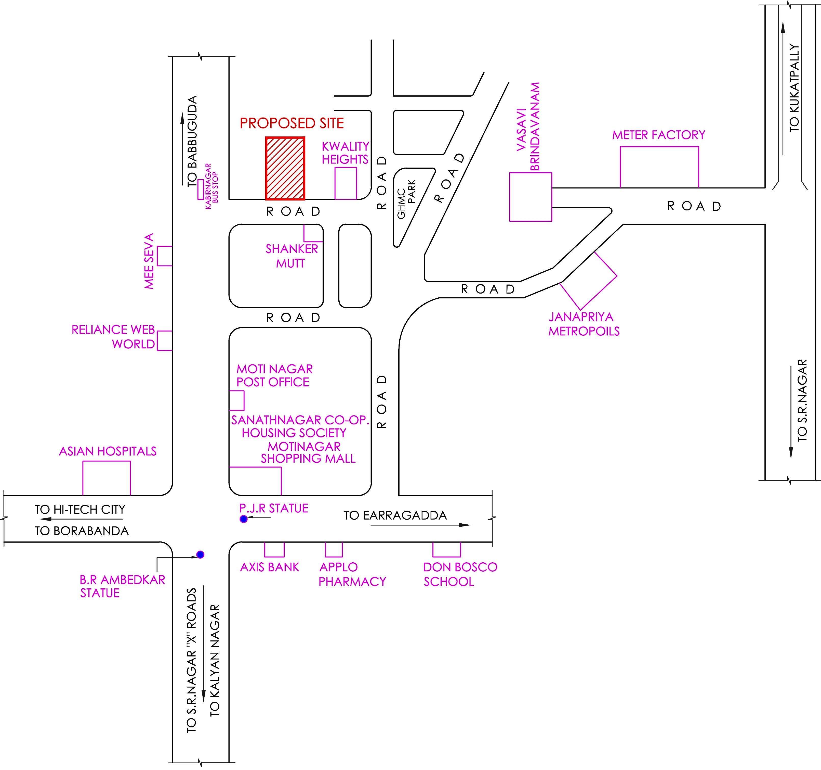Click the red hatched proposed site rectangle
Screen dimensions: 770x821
pyautogui.click(x=285, y=169)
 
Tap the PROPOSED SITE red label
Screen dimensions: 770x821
pyautogui.click(x=292, y=123)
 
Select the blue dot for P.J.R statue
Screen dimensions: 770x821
pyautogui.click(x=244, y=519)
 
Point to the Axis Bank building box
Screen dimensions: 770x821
pyautogui.click(x=274, y=549)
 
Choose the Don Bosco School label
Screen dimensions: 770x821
pyautogui.click(x=460, y=574)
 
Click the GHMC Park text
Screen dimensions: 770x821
pyautogui.click(x=406, y=198)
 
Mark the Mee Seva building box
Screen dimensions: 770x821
pyautogui.click(x=164, y=256)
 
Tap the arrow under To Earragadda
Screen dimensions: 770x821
pyautogui.click(x=420, y=525)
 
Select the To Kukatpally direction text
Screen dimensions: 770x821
pyautogui.click(x=794, y=88)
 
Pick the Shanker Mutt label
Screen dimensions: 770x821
pyautogui.click(x=291, y=256)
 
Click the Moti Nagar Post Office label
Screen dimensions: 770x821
pyautogui.click(x=274, y=375)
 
